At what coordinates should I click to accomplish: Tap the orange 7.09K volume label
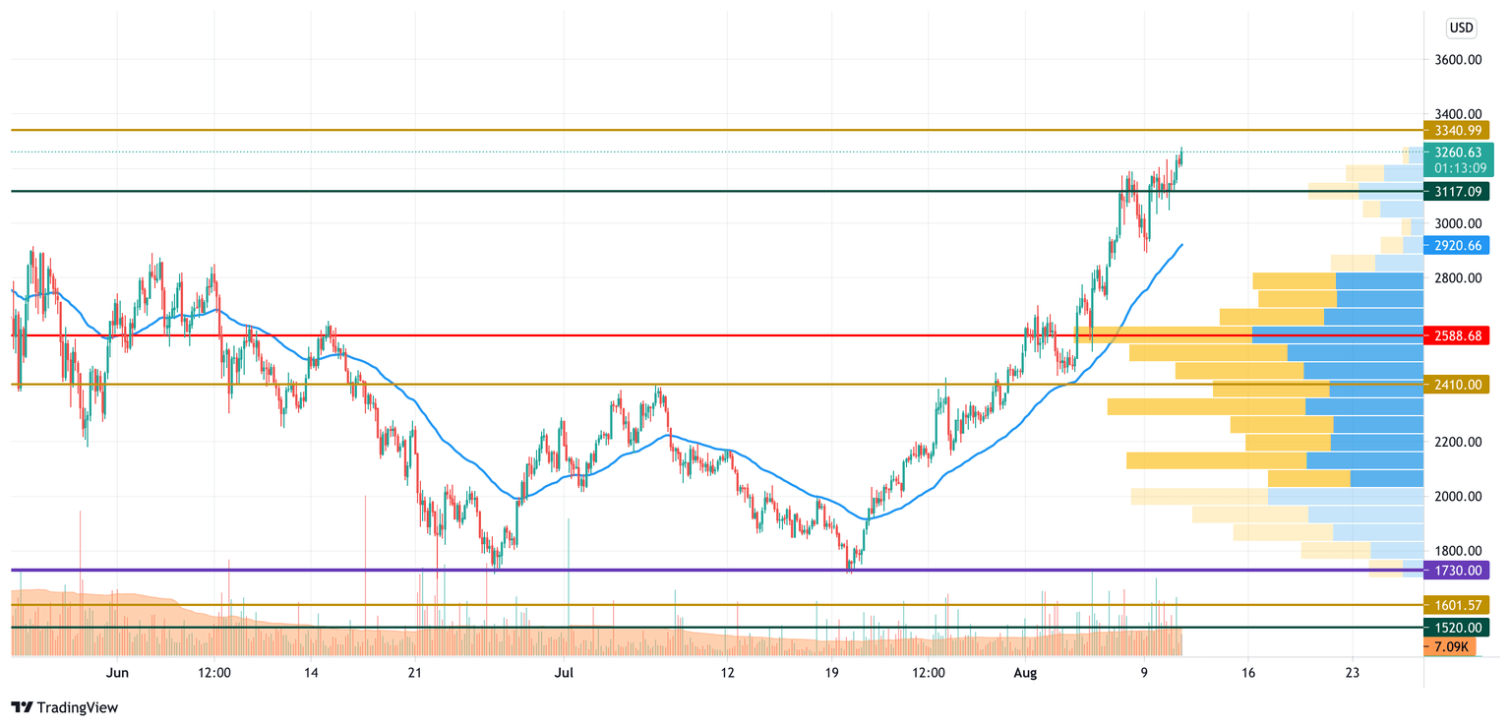[x=1449, y=646]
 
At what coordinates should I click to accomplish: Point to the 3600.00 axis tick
[x=1458, y=60]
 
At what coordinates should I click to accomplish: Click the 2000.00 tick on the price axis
[x=1458, y=497]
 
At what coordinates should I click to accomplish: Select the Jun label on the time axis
[x=117, y=673]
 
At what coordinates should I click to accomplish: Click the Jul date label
[x=563, y=673]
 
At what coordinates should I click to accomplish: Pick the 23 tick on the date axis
[x=1352, y=673]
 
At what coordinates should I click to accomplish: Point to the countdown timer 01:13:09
[x=1459, y=168]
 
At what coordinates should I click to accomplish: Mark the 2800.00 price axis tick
[x=1458, y=278]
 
